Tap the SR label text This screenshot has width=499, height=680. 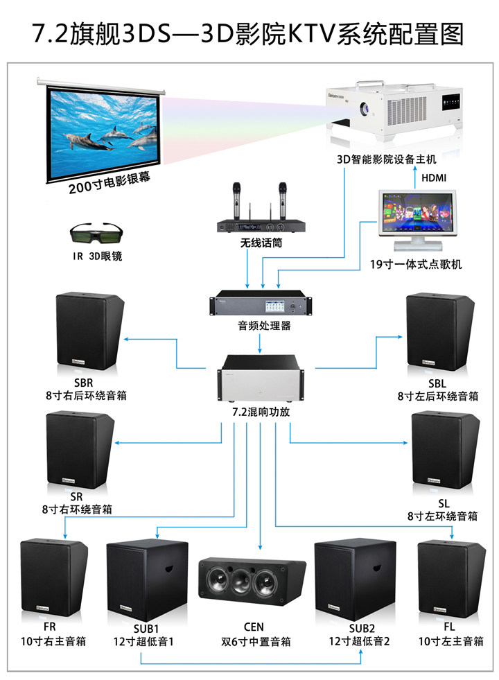[x=76, y=496]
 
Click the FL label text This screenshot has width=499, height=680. [x=451, y=628]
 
